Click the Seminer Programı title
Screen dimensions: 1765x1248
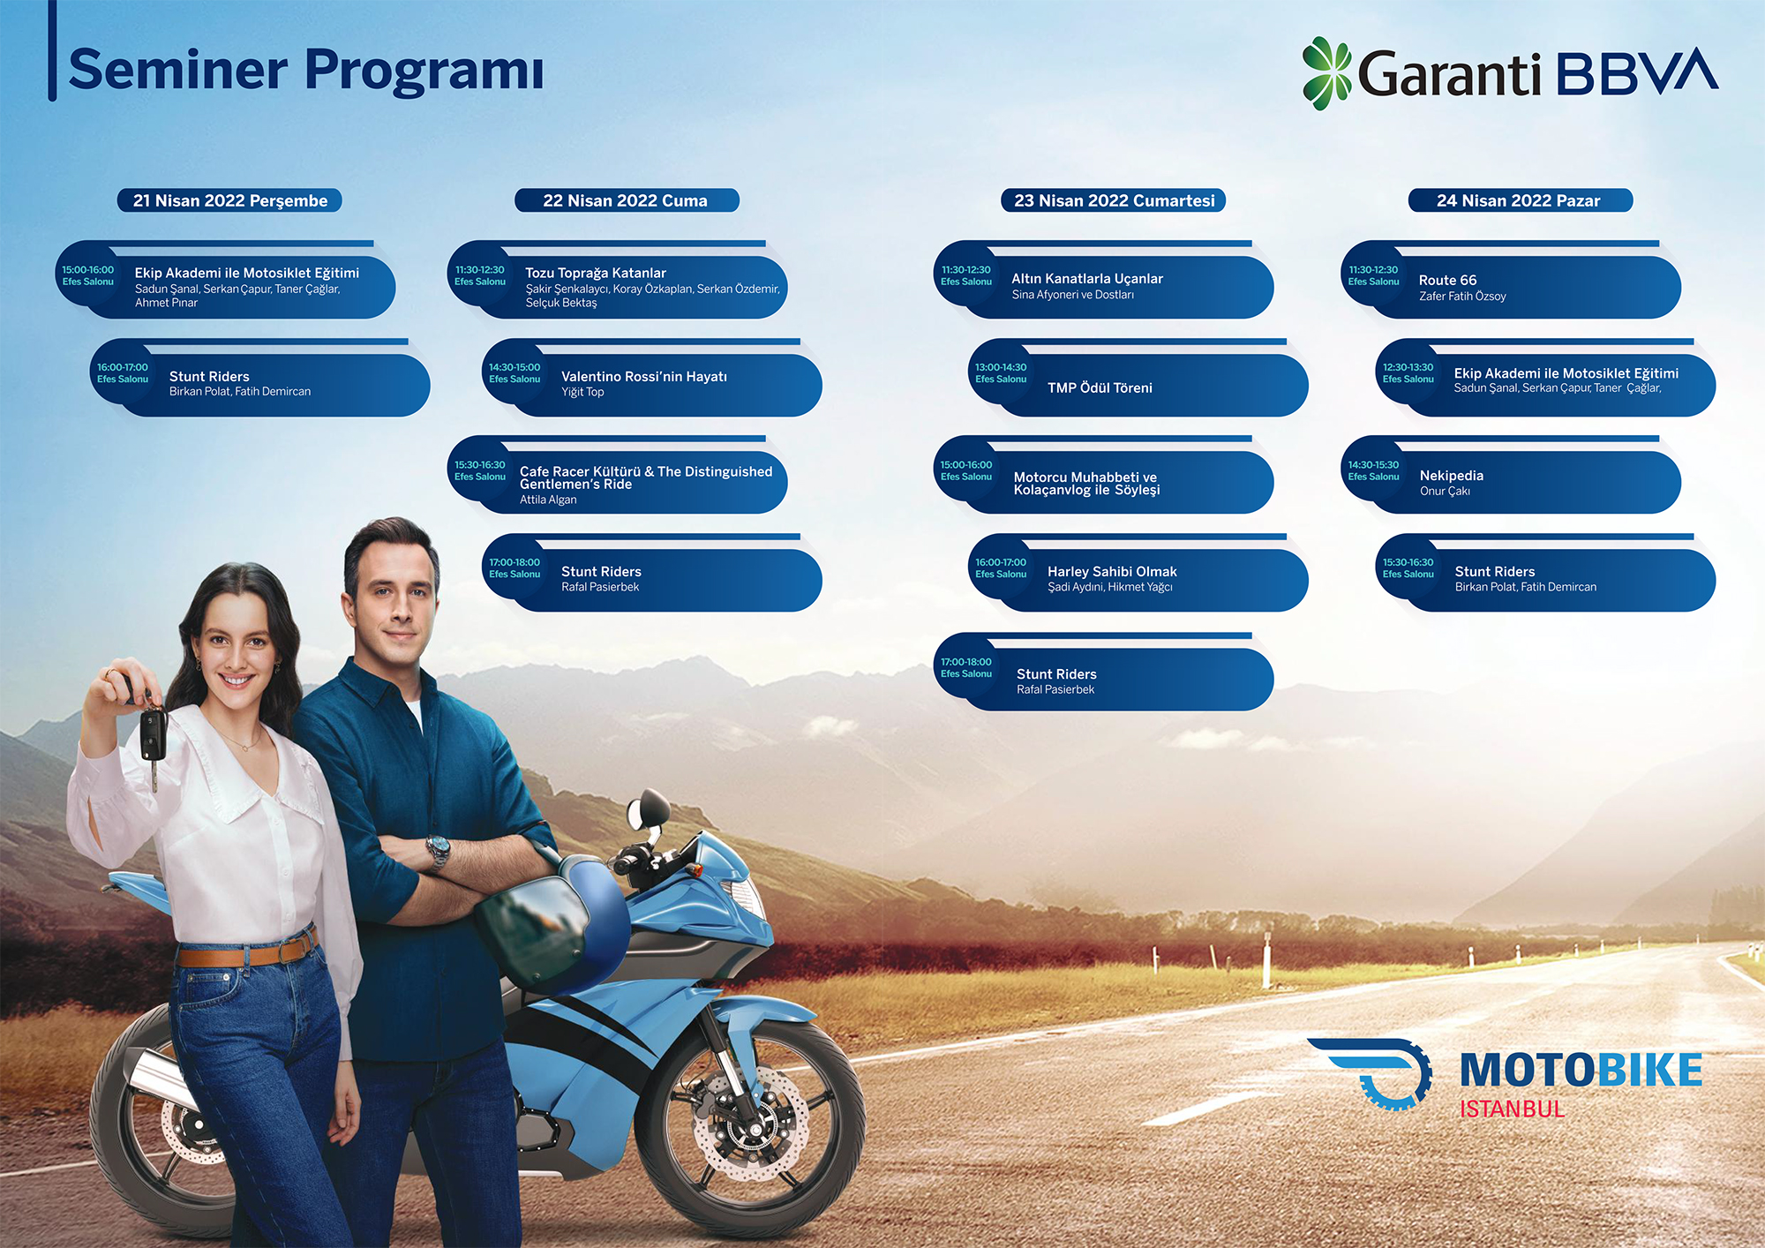[305, 71]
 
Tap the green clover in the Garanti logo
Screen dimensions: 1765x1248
[1326, 73]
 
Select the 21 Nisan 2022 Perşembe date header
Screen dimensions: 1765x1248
[230, 200]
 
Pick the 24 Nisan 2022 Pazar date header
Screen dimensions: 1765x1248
[1519, 200]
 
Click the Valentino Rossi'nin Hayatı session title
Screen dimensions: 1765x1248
[644, 377]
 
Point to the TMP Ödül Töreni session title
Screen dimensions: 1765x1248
[1100, 387]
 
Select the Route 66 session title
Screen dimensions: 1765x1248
[1447, 280]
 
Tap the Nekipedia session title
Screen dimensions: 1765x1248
[1452, 476]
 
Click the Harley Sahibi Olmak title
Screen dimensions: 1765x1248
[1112, 572]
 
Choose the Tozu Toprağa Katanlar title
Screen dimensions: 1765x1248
[596, 274]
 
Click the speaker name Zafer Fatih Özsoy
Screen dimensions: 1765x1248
[1462, 297]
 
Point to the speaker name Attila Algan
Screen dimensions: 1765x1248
[548, 500]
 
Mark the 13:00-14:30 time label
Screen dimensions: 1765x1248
[1001, 367]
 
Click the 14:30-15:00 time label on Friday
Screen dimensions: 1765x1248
[514, 367]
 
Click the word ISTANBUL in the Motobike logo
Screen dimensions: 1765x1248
[1512, 1109]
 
